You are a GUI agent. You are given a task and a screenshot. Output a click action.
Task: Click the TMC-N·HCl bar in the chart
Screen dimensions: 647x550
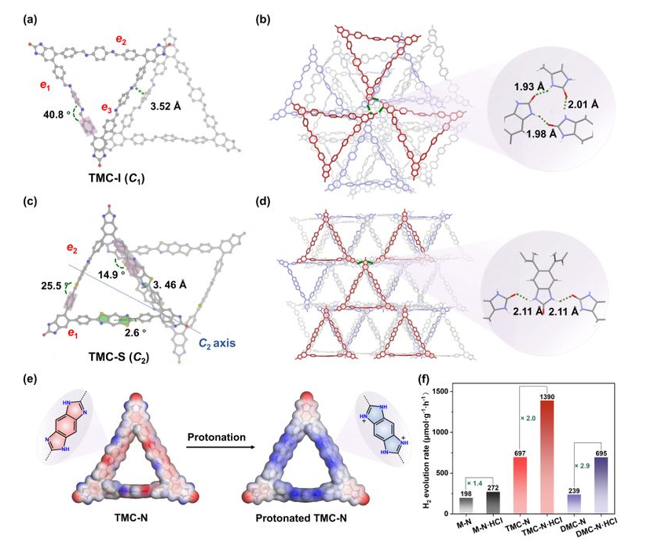pos(546,457)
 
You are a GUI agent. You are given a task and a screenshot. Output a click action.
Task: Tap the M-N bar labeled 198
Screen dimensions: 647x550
pos(466,506)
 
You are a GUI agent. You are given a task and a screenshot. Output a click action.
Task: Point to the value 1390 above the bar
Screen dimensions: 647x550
pos(546,397)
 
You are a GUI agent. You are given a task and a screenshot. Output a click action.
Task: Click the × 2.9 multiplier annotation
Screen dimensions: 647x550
pos(582,466)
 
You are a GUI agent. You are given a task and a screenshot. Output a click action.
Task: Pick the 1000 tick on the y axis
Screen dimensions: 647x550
pos(442,432)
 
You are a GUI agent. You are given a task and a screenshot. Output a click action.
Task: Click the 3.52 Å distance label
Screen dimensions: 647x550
pos(166,107)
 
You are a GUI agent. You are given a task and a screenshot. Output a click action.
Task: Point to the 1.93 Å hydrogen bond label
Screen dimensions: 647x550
pos(529,87)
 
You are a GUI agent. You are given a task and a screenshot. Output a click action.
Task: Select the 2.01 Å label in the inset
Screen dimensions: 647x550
pos(583,104)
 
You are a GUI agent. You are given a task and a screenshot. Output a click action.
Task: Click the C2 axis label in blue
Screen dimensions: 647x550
pos(217,343)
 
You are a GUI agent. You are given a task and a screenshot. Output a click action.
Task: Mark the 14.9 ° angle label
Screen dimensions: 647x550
pos(111,274)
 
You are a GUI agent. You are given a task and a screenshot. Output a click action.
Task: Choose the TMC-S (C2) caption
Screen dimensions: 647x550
pos(119,357)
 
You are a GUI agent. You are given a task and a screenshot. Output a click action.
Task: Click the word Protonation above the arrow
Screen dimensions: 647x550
pos(216,437)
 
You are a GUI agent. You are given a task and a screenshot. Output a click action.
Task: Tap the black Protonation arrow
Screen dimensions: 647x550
pos(220,447)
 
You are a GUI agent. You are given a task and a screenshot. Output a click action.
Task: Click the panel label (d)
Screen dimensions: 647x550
pos(263,201)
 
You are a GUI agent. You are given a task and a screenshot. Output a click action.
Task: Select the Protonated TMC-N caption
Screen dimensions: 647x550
pos(302,519)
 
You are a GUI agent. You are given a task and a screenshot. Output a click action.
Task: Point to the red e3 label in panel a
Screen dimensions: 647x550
pos(107,108)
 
